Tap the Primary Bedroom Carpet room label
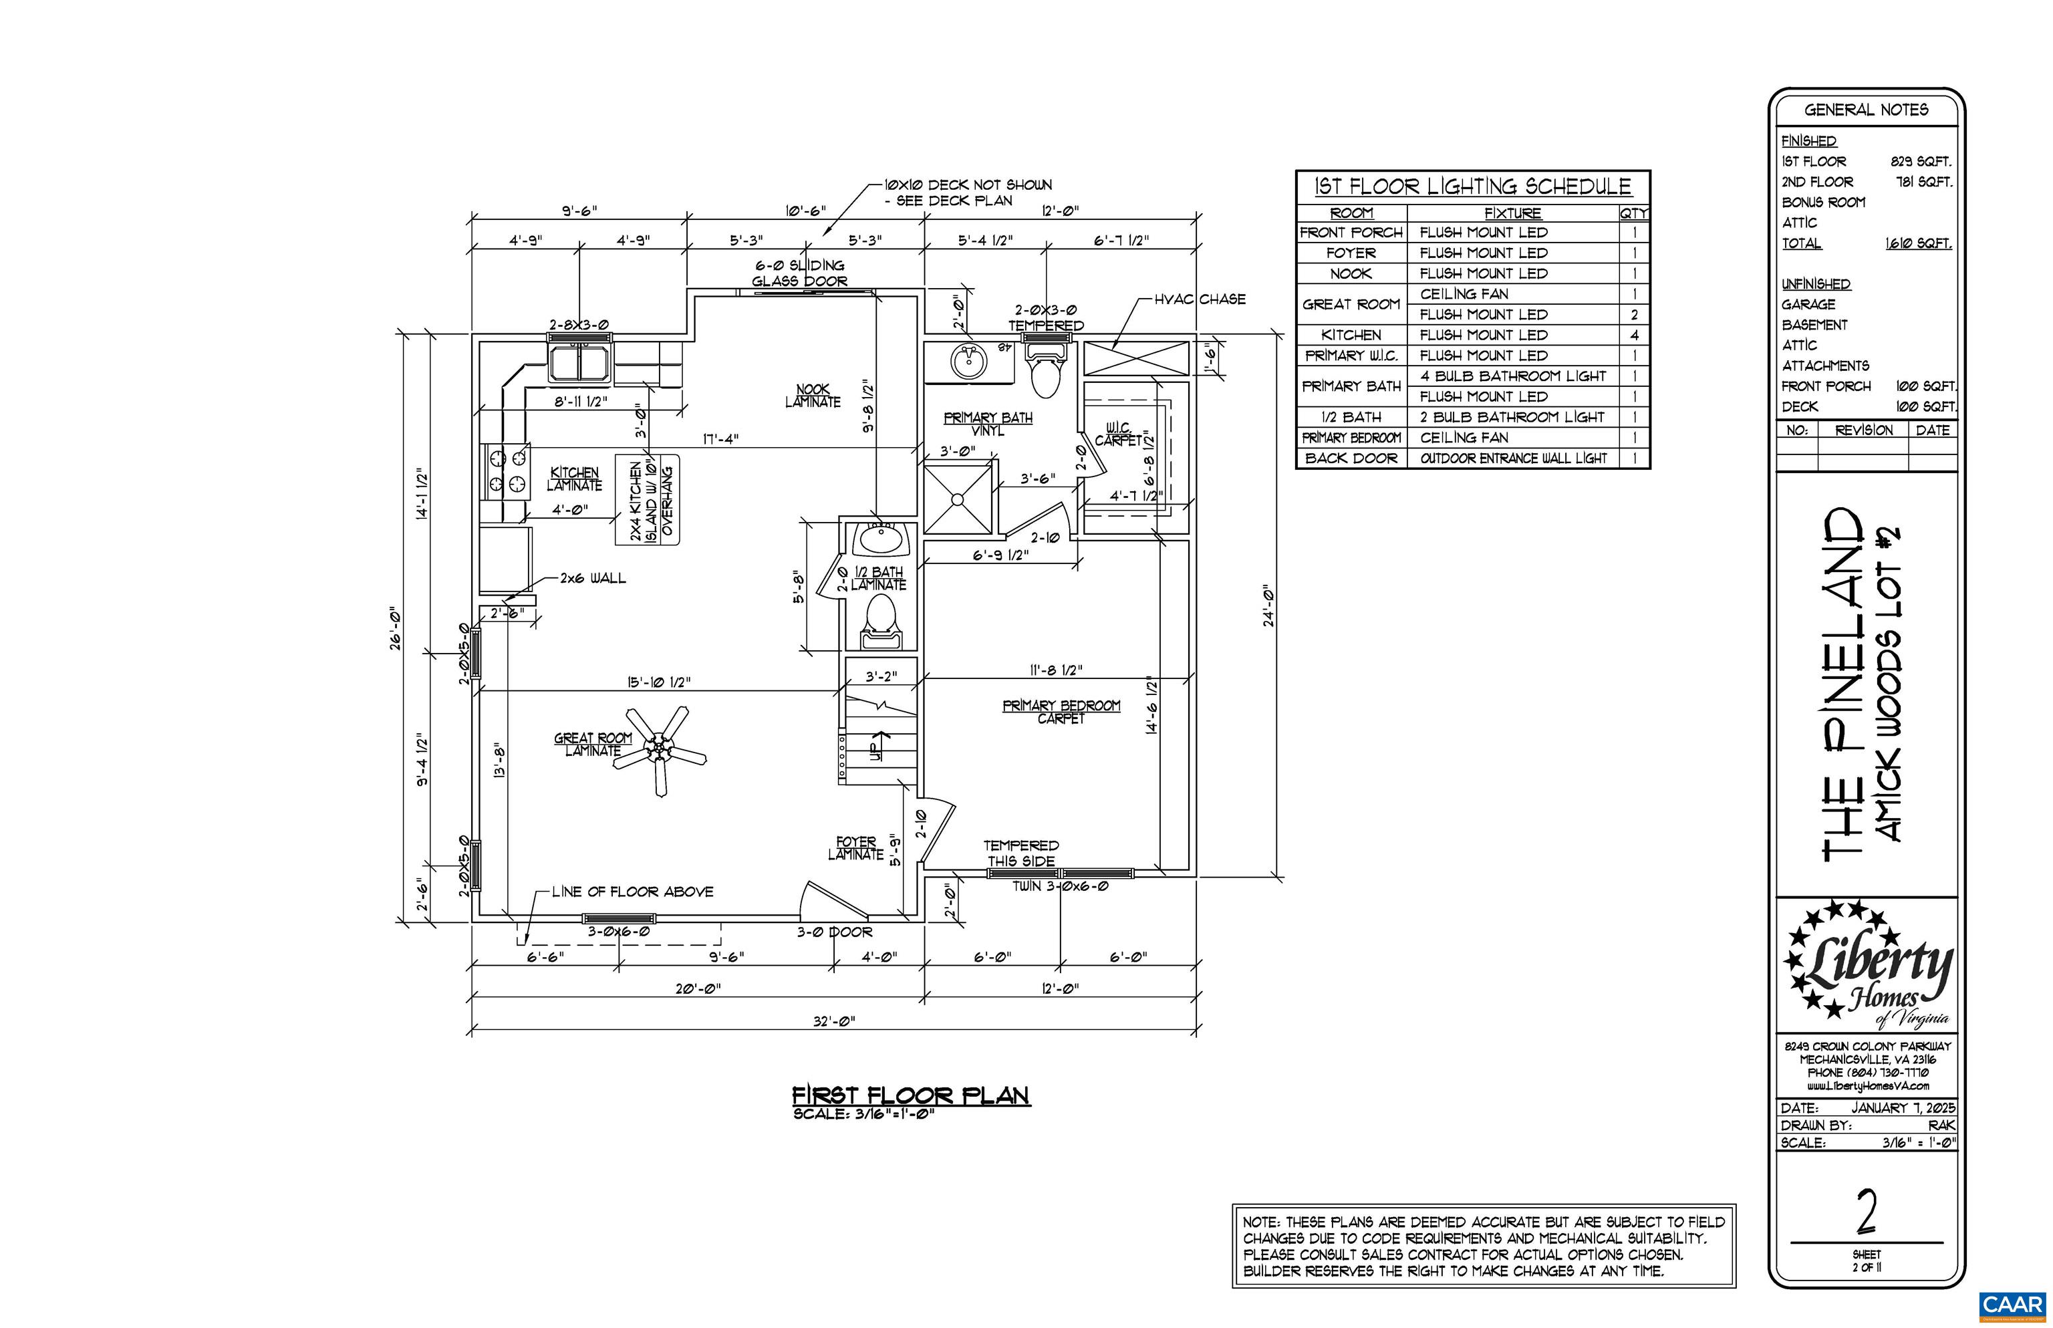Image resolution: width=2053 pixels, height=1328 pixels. pos(1061,711)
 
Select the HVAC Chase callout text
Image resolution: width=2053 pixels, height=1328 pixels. pos(1200,299)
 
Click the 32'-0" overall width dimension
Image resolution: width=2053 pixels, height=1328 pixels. pos(834,1021)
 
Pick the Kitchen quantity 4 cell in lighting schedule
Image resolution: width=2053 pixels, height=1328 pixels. pos(1633,336)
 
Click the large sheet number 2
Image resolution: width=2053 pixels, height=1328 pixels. pos(1866,1212)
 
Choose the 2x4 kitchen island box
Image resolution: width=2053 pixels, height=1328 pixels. pos(648,500)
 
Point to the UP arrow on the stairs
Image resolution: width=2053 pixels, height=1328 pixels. pos(879,746)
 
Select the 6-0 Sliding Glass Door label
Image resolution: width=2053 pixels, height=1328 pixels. pos(799,273)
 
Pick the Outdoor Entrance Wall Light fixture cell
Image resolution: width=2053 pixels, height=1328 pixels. pos(1513,458)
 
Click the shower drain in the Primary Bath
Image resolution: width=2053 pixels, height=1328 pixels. pos(957,499)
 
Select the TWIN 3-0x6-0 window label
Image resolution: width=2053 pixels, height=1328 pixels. pos(1060,886)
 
